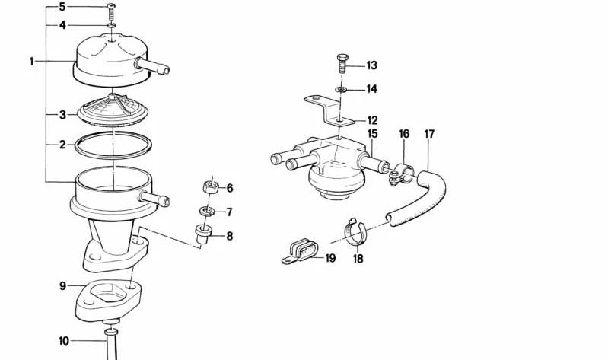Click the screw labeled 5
point(111,12)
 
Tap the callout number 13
point(371,65)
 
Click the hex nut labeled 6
point(211,187)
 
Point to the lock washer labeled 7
point(208,212)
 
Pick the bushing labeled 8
point(204,234)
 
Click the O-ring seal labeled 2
point(113,145)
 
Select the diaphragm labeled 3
point(113,110)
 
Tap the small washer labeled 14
point(341,90)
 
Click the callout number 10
point(64,341)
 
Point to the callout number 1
point(32,62)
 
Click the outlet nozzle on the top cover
point(152,66)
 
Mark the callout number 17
point(429,134)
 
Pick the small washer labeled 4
point(112,26)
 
